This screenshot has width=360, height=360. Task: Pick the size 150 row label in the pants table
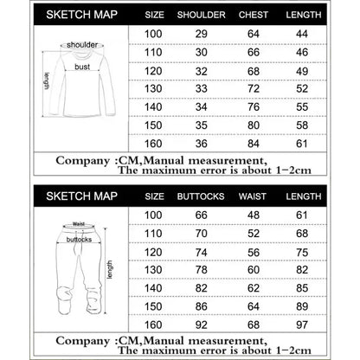point(153,306)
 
